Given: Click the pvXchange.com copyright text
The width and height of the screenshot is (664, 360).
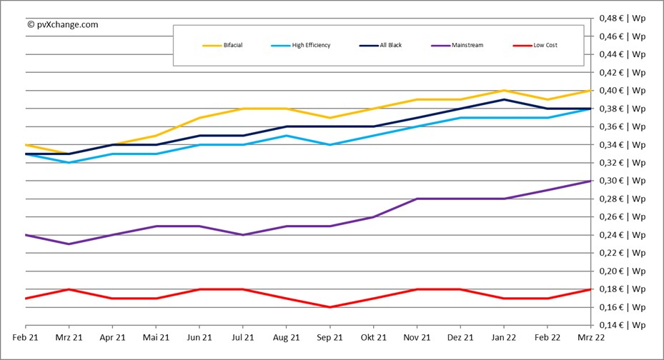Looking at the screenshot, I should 62,24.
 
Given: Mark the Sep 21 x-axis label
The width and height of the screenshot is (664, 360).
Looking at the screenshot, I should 330,337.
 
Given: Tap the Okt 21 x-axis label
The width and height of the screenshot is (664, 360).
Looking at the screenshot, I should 373,337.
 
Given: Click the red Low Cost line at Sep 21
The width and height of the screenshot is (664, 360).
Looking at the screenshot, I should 330,307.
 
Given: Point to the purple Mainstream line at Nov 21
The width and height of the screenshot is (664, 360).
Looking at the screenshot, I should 417,199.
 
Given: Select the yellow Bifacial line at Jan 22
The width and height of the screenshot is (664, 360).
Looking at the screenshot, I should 505,90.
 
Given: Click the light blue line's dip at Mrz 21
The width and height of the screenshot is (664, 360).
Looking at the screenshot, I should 68,162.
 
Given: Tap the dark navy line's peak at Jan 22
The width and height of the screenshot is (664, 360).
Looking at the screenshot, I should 505,99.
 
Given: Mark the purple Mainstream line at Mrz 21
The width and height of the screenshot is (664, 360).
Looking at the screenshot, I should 68,244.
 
